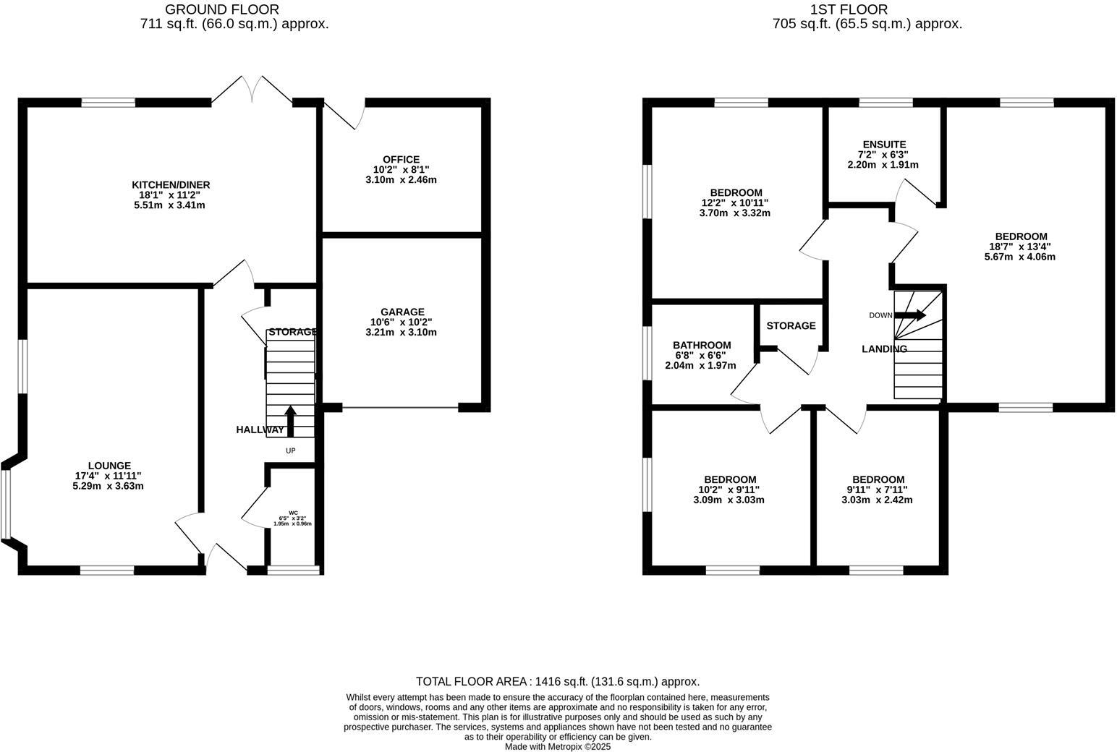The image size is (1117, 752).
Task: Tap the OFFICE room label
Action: point(401,160)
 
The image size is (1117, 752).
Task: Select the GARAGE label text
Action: point(402,312)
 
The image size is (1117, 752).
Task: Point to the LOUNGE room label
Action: point(109,466)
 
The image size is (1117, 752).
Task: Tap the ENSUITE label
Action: point(883,145)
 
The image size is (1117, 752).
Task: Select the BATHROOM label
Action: point(701,346)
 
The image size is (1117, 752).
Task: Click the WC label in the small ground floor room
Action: point(293,513)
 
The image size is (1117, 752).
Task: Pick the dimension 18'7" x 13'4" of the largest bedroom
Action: point(1020,247)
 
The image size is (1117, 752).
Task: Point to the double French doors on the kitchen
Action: point(252,90)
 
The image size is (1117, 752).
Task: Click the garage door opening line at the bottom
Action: point(400,408)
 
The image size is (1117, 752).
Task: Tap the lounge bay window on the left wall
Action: point(6,503)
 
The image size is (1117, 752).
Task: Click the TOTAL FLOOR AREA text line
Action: point(557,681)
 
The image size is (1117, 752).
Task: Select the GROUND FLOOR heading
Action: point(221,9)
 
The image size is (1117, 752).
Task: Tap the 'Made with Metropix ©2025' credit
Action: point(557,746)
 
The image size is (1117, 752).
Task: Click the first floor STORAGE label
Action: point(791,326)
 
